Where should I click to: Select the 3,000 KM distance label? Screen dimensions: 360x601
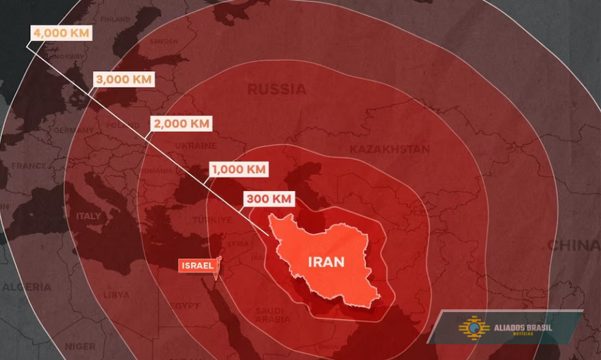click(x=123, y=79)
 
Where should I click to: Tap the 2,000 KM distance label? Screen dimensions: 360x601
click(x=181, y=124)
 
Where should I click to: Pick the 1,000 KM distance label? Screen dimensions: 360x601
click(x=239, y=169)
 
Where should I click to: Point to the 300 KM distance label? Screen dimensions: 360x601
click(x=269, y=199)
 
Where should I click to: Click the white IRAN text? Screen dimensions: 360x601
click(x=326, y=262)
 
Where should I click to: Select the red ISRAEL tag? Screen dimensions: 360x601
click(x=198, y=266)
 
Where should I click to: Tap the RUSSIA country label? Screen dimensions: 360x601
click(x=277, y=89)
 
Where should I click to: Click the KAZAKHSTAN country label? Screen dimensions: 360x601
click(x=389, y=149)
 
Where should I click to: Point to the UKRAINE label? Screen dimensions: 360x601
click(x=196, y=146)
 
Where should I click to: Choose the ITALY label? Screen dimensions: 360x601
click(x=88, y=216)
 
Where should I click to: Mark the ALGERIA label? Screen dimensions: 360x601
click(x=27, y=287)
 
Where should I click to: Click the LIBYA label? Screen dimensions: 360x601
click(x=116, y=295)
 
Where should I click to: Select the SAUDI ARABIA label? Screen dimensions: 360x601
click(x=272, y=316)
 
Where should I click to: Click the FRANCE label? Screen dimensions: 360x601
click(x=29, y=166)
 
